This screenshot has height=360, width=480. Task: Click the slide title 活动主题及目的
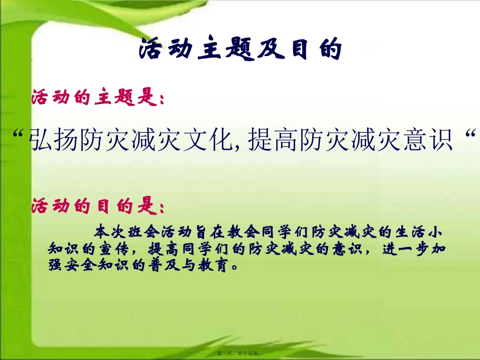pyautogui.click(x=241, y=49)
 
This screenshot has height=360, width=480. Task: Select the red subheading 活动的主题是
pyautogui.click(x=98, y=98)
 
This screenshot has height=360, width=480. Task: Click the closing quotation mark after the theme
pyautogui.click(x=470, y=135)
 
